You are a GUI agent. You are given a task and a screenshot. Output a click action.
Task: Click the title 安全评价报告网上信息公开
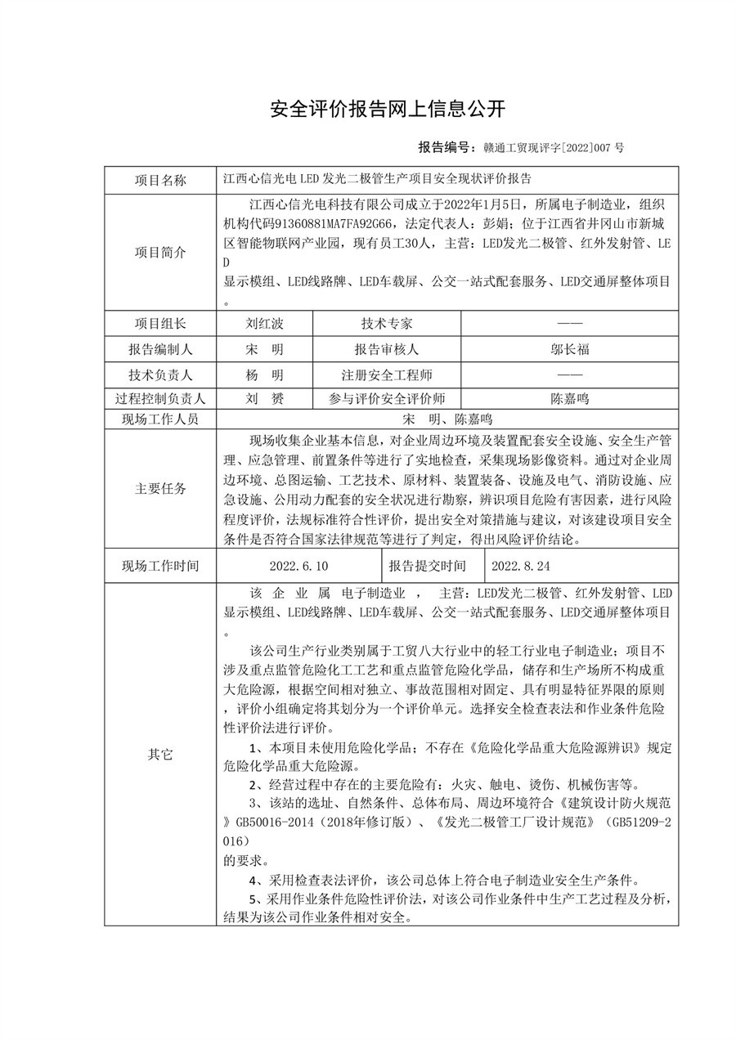[x=388, y=109]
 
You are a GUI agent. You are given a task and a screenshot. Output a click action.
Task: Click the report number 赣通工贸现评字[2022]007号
[x=554, y=148]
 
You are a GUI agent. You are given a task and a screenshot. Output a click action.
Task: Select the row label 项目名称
[x=160, y=179]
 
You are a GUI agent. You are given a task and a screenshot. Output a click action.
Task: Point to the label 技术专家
[x=387, y=324]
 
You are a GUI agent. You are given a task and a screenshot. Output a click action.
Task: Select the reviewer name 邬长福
[x=569, y=349]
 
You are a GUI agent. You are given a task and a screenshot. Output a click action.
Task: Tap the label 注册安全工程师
[x=387, y=374]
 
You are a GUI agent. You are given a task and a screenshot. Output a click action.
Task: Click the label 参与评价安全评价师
[x=387, y=399]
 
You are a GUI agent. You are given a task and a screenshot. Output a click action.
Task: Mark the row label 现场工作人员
[x=160, y=419]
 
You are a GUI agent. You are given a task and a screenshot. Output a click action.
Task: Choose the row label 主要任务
[x=160, y=489]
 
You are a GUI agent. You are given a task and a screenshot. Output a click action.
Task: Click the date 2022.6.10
[x=298, y=565]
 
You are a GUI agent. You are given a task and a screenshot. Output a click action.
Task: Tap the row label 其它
[x=160, y=755]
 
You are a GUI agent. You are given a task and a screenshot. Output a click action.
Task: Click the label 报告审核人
[x=387, y=349]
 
